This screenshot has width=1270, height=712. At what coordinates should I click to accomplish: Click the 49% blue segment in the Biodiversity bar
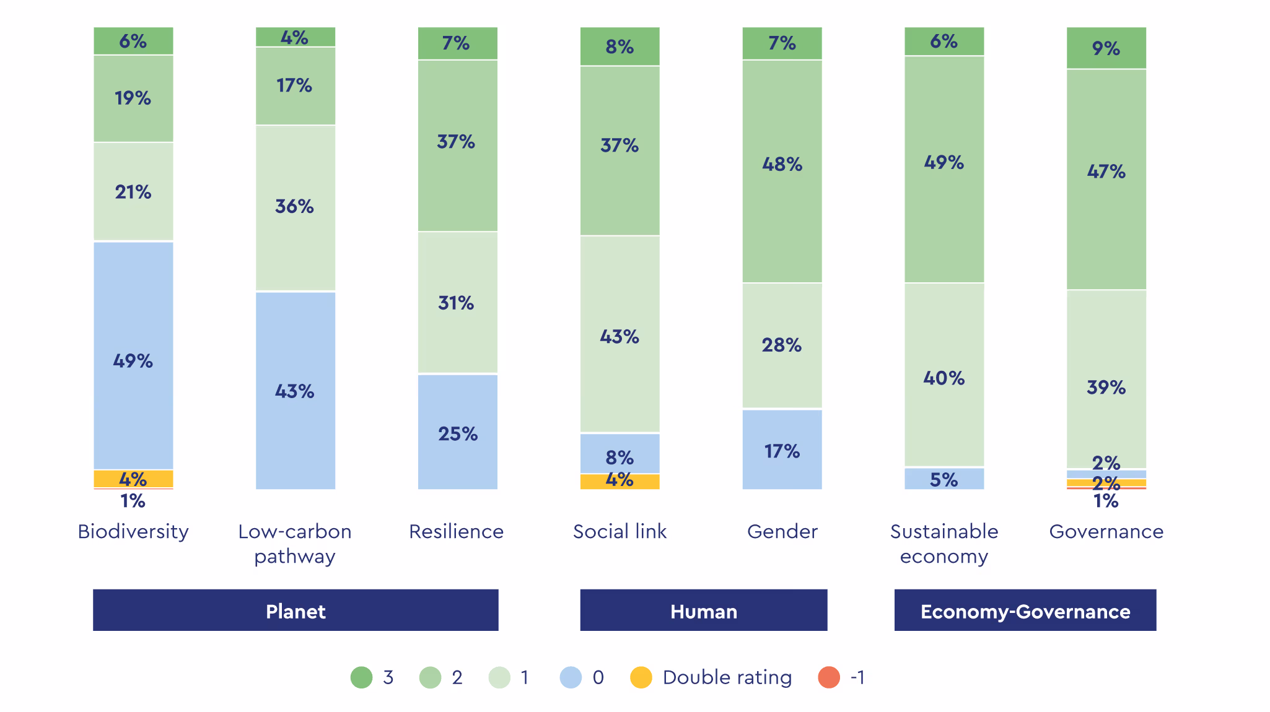(x=133, y=355)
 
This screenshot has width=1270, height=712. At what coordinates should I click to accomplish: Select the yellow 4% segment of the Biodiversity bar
(x=133, y=479)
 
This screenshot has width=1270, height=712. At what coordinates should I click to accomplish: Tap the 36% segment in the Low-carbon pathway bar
(x=296, y=208)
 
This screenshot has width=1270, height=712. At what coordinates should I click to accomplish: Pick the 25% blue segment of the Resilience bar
(x=457, y=432)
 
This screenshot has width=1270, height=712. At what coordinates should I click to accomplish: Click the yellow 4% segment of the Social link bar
(x=620, y=482)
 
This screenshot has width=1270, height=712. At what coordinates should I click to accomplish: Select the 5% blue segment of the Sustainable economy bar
(x=944, y=479)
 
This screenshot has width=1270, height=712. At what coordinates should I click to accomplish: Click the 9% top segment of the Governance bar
(x=1106, y=48)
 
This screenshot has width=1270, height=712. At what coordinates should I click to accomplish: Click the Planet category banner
(x=296, y=610)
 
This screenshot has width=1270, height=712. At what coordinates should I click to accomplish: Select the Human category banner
(x=703, y=610)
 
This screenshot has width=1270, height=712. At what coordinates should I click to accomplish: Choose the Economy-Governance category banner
(x=1025, y=610)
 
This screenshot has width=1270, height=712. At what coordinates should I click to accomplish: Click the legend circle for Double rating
(x=641, y=677)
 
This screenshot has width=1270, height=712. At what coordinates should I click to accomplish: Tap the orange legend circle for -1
(x=829, y=677)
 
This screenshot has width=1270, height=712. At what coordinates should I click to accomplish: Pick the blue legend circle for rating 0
(x=571, y=677)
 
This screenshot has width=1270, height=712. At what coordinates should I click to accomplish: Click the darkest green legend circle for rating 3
(x=361, y=677)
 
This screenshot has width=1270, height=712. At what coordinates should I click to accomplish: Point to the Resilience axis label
(x=456, y=531)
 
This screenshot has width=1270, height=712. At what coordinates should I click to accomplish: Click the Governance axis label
(x=1106, y=531)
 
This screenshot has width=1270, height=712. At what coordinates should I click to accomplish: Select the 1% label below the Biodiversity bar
(x=133, y=501)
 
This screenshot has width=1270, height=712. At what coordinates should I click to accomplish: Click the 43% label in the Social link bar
(x=620, y=336)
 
